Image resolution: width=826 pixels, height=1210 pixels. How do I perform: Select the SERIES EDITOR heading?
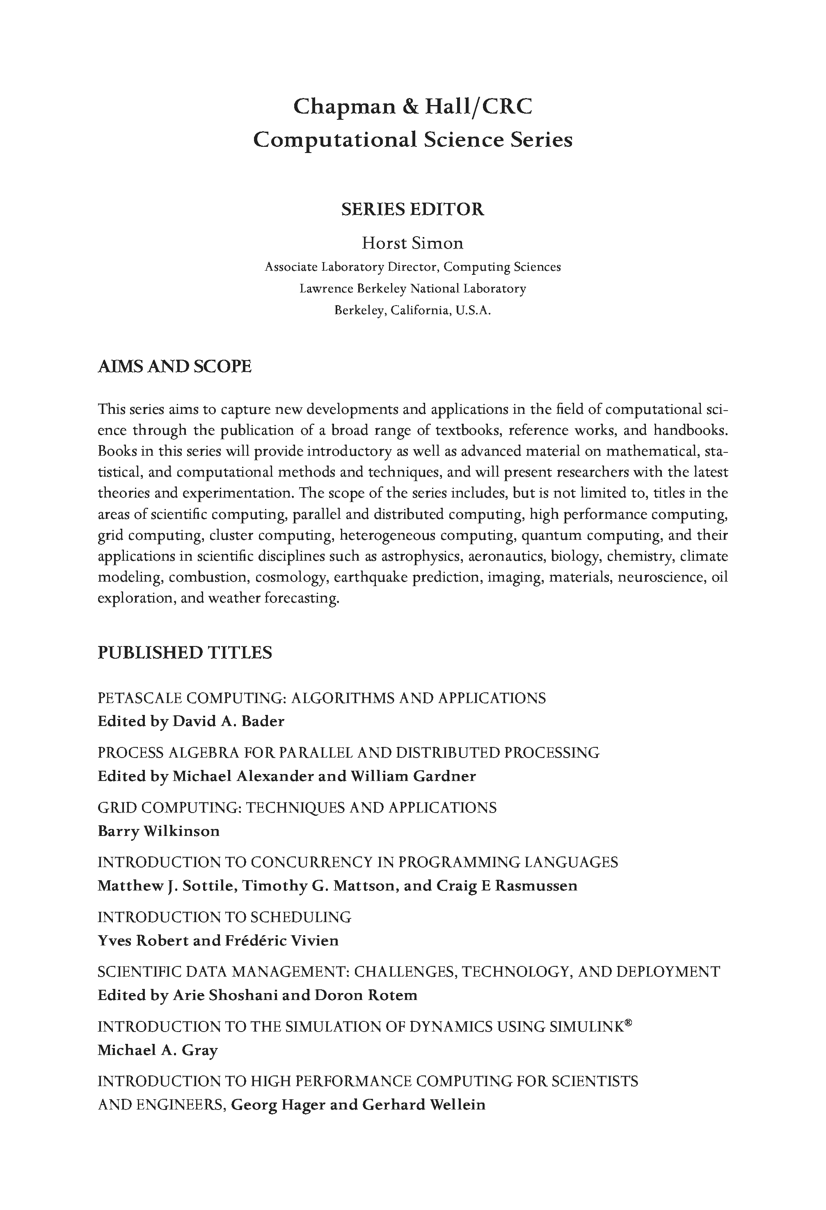(412, 209)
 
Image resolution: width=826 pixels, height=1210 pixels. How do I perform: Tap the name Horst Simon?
(412, 243)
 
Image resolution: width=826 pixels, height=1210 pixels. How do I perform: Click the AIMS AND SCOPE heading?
(174, 367)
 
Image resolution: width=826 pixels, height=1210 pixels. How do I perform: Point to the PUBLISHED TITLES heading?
(185, 653)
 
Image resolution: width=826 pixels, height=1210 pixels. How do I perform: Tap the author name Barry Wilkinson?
(158, 831)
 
